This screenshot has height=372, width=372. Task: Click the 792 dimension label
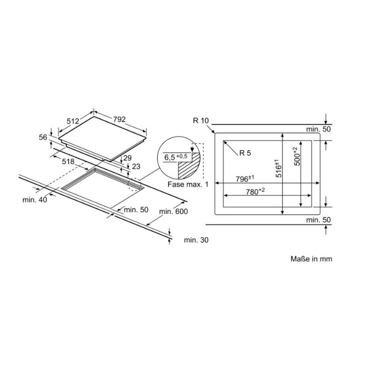(119, 119)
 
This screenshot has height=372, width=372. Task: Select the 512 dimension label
(73, 121)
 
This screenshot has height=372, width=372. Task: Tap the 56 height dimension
(43, 137)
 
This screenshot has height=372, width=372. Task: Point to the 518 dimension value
(68, 162)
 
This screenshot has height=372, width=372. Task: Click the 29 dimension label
(128, 158)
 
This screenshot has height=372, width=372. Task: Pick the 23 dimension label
(136, 167)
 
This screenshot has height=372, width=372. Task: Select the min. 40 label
(35, 200)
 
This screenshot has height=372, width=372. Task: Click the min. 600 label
(173, 211)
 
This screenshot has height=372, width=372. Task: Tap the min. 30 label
(196, 240)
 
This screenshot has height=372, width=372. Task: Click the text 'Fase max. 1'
(188, 184)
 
